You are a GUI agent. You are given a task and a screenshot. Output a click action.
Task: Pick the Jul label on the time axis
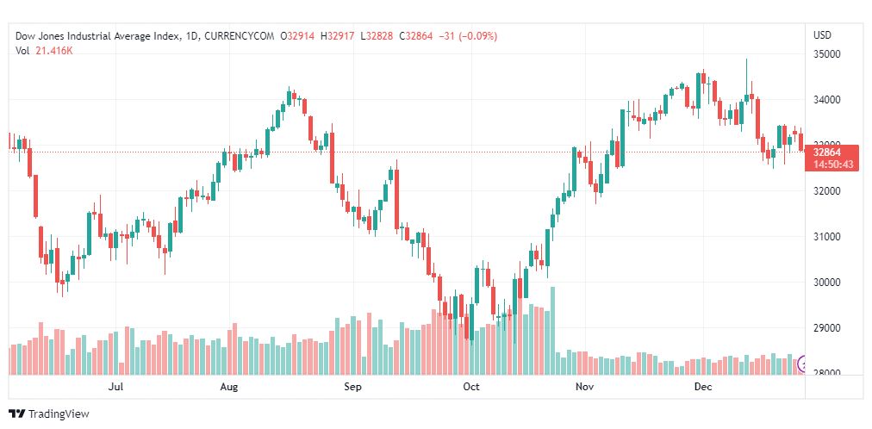point(117,388)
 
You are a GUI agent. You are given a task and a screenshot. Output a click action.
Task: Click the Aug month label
point(228,388)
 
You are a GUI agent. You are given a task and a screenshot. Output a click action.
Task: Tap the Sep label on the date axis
point(352,388)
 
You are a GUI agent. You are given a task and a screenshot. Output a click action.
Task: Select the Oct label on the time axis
point(470,388)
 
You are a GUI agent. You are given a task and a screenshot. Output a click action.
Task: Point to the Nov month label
point(585,388)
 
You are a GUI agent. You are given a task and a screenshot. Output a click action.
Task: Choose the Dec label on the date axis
point(703,388)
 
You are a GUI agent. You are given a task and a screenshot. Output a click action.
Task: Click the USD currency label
point(822,35)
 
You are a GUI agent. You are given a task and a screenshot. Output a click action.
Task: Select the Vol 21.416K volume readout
point(44,51)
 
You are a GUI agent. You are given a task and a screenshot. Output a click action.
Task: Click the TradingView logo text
point(59,414)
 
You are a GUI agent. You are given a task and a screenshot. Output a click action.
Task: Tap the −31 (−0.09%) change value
point(467,36)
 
